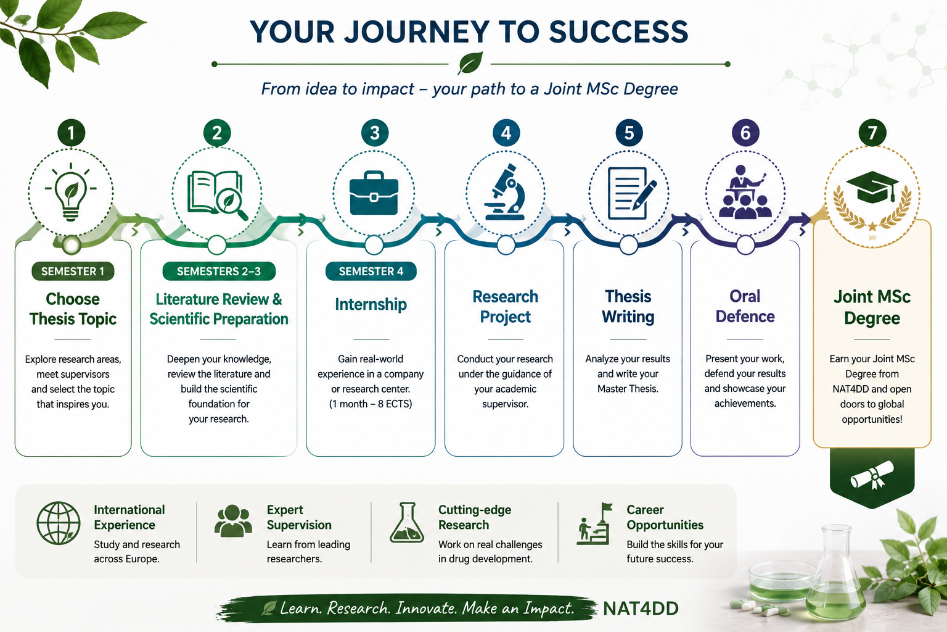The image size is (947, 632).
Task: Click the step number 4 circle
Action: (506, 133)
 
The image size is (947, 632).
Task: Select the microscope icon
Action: (506, 192)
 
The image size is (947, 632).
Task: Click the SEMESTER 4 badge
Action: (371, 272)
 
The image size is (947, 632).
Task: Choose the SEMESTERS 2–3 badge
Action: (219, 272)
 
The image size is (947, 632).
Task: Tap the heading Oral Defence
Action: (745, 306)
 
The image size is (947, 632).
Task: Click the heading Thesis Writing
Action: (628, 307)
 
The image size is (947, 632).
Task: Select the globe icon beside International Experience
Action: (59, 523)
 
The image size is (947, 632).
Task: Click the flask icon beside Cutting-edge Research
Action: (407, 523)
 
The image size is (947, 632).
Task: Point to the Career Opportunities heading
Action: (665, 517)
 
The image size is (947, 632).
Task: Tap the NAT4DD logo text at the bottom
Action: (641, 609)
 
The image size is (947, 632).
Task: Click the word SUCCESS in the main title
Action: (618, 31)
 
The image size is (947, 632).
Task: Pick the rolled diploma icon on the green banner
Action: (872, 475)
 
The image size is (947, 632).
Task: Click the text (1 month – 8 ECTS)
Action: (371, 404)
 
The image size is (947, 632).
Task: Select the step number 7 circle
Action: (872, 133)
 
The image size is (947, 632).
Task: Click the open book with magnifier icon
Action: (217, 195)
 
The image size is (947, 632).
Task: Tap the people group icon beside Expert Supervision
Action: (233, 521)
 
